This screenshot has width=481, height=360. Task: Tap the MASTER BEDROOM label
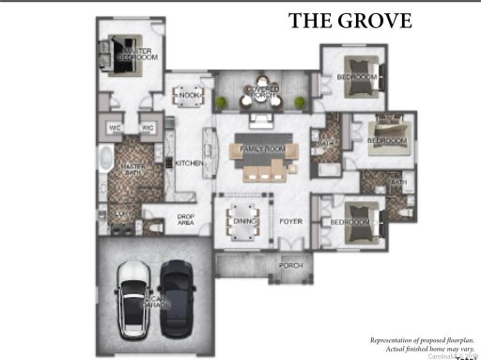click(x=137, y=54)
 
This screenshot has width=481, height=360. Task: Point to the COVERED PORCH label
click(x=262, y=93)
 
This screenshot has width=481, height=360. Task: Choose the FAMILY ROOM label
click(x=262, y=150)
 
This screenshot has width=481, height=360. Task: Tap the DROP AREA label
click(x=185, y=220)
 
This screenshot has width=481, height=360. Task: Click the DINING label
click(x=240, y=222)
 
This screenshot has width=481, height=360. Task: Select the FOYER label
click(x=288, y=222)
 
